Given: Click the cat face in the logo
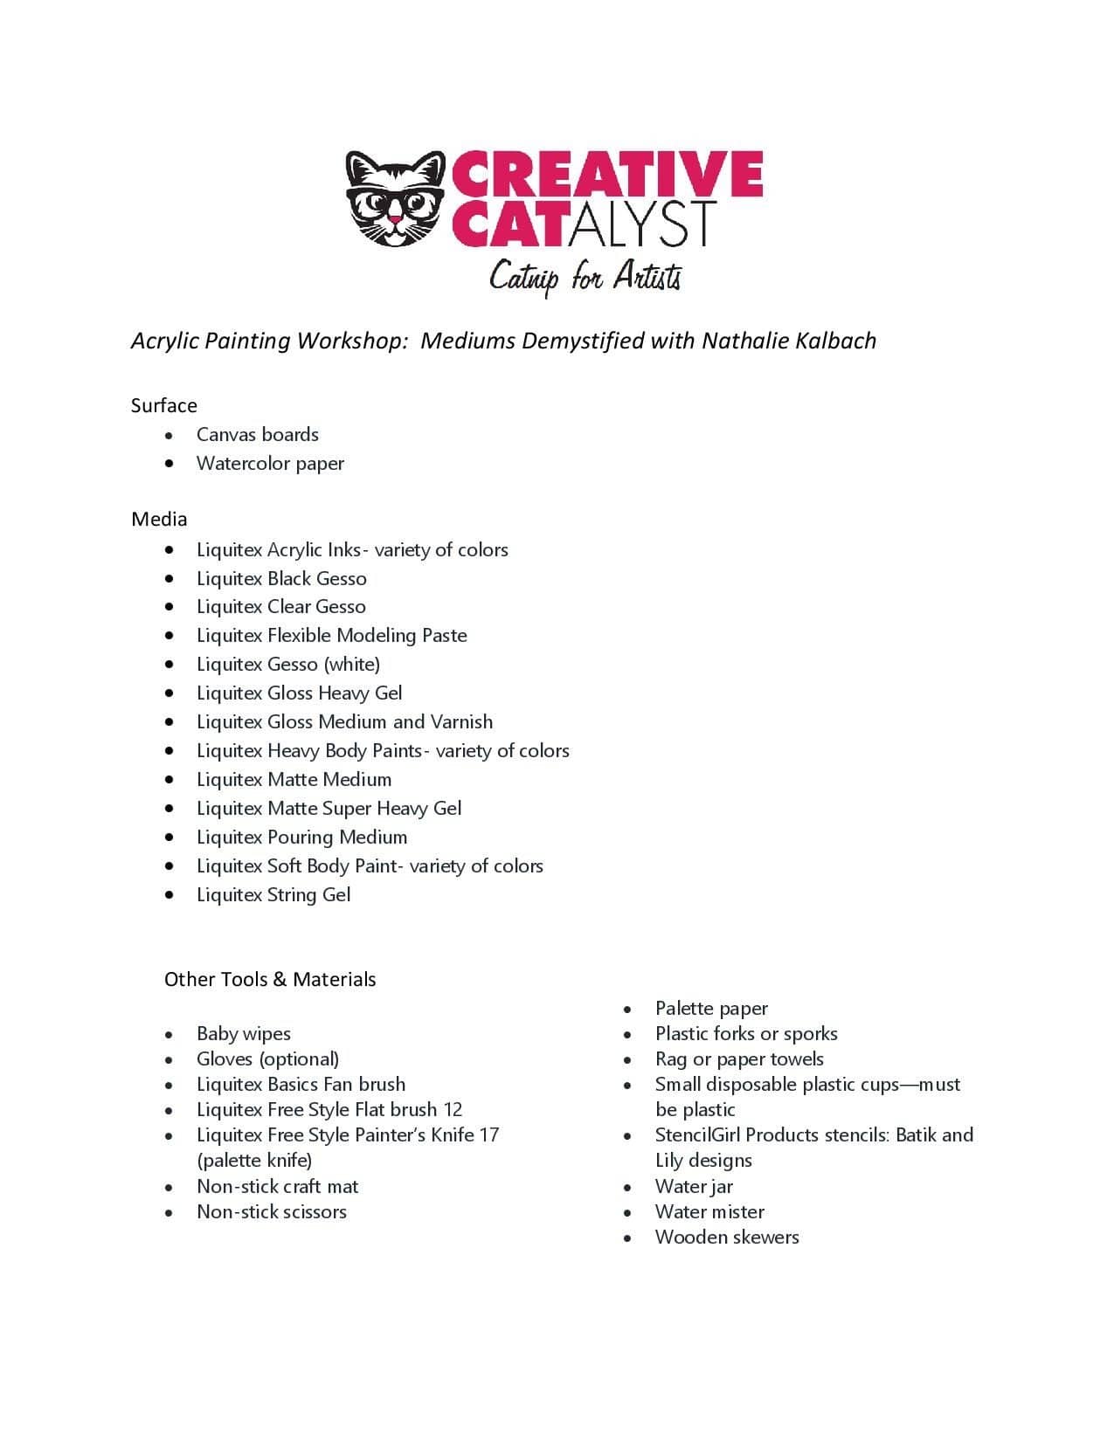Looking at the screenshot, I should pos(395,199).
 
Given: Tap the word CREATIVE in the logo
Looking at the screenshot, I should pos(607,173).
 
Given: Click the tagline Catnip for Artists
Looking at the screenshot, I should pos(585,277).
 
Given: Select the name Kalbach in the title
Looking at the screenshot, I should pos(835,340).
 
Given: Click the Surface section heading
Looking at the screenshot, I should pos(163,405).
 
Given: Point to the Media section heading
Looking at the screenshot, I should pos(159,519).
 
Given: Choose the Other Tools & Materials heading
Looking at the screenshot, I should pos(270,979).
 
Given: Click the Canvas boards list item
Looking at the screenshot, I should pos(257,434).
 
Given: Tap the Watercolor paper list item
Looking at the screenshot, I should pos(270,463).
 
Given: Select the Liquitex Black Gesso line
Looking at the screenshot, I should pos(281,578).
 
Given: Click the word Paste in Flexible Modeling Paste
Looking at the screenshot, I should pos(445,635).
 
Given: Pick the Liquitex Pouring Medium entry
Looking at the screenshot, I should pos(301,837).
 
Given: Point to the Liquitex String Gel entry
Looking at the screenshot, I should pos(273,894).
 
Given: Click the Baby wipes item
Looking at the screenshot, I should pos(244,1033).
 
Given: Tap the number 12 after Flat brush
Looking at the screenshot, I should pos(453,1109).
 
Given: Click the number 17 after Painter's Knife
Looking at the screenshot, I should pos(489,1134).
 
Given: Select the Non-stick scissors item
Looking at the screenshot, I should pos(272,1211).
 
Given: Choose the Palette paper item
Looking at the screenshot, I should pos(711,1008).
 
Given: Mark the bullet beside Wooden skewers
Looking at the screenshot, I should pos(627,1238).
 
